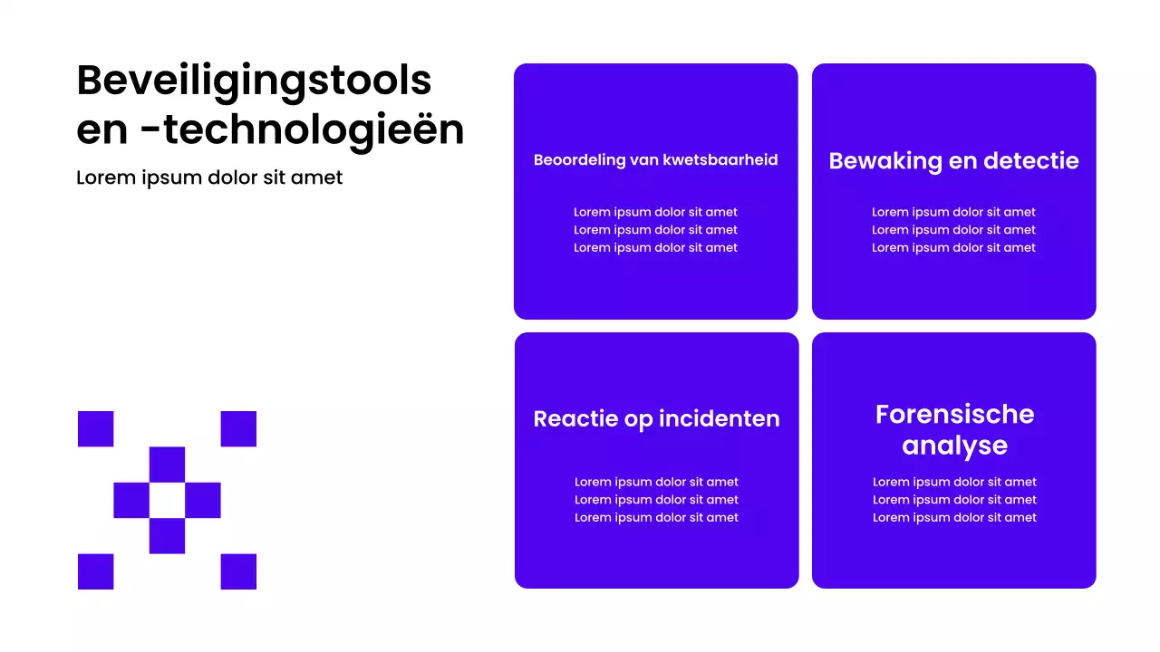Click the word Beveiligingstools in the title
coord(254,81)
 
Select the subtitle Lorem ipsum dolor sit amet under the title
coord(209,177)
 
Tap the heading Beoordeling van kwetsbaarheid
coord(655,160)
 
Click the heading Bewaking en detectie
coord(953,161)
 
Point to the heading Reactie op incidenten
coord(656,418)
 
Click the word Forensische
coord(954,414)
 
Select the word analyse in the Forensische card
coord(954,446)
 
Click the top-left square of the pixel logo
coord(95,428)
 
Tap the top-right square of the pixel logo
coord(238,428)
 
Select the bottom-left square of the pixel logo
coord(95,571)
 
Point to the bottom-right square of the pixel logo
coord(238,571)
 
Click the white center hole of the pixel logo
coord(167,500)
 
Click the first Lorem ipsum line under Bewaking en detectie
coord(953,212)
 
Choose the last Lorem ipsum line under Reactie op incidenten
coord(656,517)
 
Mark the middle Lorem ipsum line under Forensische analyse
coord(954,500)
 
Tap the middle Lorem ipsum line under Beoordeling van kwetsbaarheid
coord(655,230)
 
